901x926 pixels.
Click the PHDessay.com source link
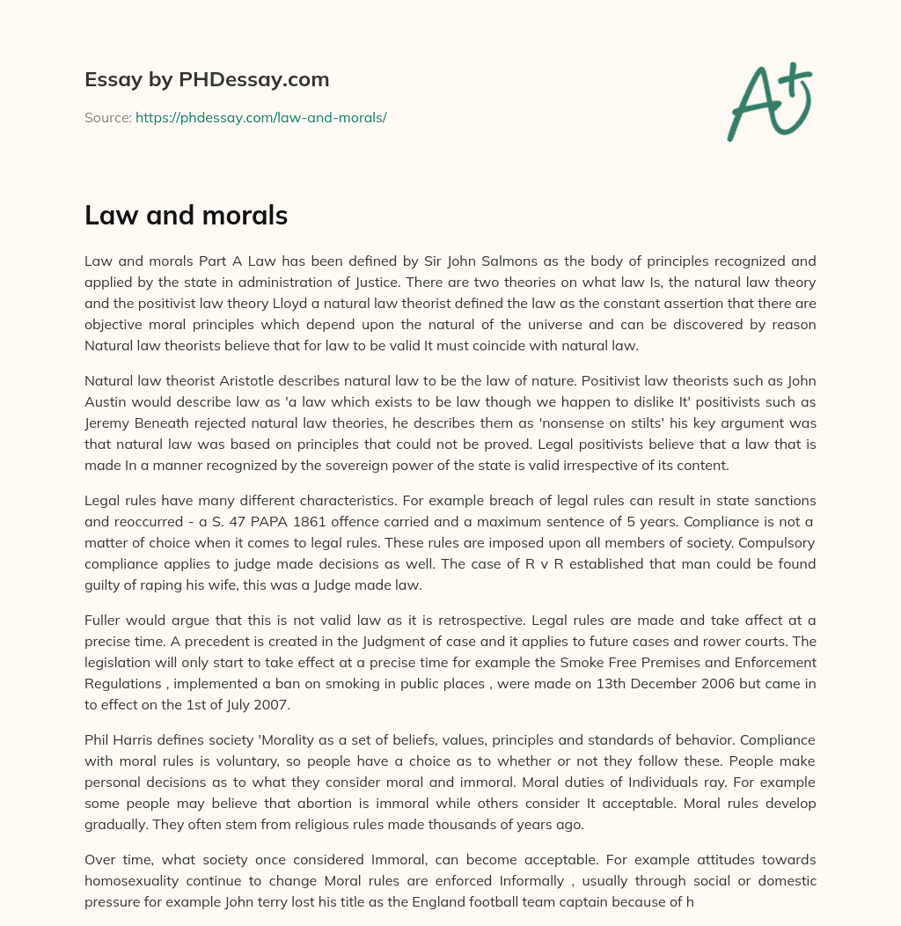260,117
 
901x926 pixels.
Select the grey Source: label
107,117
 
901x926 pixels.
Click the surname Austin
106,402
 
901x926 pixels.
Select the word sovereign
384,466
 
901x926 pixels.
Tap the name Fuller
105,621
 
